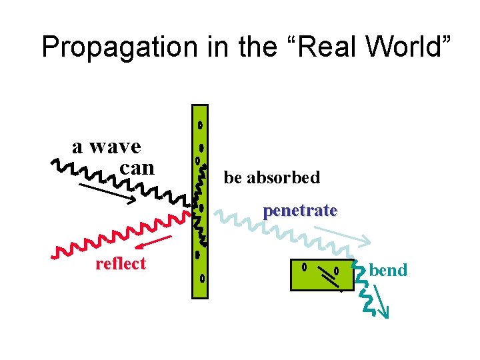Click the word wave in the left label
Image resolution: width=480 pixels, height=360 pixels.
click(x=115, y=146)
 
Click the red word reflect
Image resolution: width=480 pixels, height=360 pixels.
click(x=120, y=263)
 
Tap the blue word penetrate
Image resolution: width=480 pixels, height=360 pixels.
click(x=300, y=211)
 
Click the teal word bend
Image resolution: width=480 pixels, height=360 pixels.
click(x=388, y=270)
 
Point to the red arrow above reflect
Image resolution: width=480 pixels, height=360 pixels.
click(x=156, y=242)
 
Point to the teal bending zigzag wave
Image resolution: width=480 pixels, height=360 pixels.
click(x=363, y=287)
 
